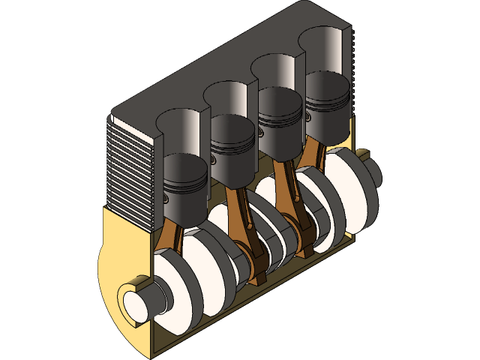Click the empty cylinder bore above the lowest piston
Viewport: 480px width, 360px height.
[180, 131]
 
